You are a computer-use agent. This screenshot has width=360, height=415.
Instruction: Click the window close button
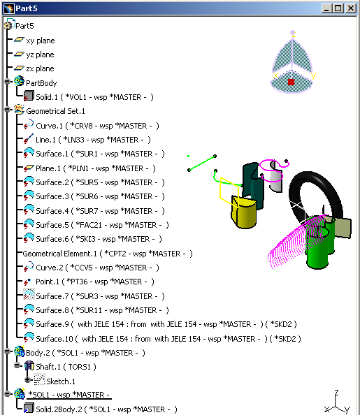click(x=351, y=8)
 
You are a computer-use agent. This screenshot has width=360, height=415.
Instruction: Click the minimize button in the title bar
click(x=326, y=8)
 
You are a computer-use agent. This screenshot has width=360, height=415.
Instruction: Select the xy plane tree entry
click(x=41, y=41)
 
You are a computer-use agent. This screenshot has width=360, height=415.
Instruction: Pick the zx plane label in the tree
click(x=41, y=68)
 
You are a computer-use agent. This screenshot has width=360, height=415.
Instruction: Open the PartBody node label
click(x=41, y=83)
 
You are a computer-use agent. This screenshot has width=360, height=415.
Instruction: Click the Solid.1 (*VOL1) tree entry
click(x=94, y=97)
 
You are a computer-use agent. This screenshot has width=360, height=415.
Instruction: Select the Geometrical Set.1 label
click(x=55, y=111)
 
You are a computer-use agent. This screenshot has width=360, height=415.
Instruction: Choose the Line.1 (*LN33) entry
click(x=93, y=140)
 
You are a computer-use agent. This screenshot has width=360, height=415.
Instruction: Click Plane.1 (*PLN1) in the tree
click(x=96, y=168)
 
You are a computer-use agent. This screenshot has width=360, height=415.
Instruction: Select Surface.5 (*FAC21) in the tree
click(x=102, y=225)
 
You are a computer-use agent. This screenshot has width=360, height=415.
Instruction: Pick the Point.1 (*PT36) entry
click(x=95, y=282)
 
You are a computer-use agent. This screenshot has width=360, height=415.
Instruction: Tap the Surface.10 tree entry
click(x=168, y=339)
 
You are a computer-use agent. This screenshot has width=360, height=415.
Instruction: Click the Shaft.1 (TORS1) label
click(x=66, y=367)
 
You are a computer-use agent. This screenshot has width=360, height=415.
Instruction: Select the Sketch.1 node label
click(x=61, y=381)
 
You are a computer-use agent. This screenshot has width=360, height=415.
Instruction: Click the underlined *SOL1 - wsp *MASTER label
click(x=69, y=395)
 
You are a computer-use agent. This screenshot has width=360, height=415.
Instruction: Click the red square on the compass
click(x=291, y=82)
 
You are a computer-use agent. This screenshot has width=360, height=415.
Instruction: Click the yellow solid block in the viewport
click(x=244, y=212)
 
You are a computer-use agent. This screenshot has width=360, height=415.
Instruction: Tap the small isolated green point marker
click(x=188, y=156)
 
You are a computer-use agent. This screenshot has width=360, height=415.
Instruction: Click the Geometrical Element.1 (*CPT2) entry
click(x=108, y=254)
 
